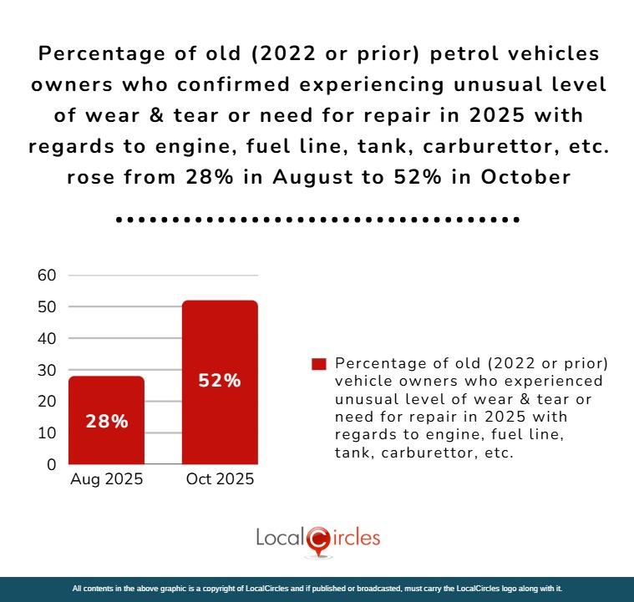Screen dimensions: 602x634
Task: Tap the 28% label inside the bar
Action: pyautogui.click(x=107, y=422)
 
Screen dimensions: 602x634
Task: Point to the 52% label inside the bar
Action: pyautogui.click(x=220, y=381)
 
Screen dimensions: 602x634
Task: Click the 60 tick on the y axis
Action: pyautogui.click(x=47, y=276)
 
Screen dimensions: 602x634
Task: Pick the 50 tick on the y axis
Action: pyautogui.click(x=47, y=307)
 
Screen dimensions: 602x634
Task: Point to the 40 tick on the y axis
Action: pyautogui.click(x=47, y=338)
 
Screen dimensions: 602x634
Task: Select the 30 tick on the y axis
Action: pyautogui.click(x=47, y=370)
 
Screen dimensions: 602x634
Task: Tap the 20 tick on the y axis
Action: pyautogui.click(x=47, y=402)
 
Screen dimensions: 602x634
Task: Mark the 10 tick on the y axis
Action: pyautogui.click(x=47, y=433)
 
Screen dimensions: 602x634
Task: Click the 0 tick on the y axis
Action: pyautogui.click(x=51, y=464)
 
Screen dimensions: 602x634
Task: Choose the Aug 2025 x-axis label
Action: pyautogui.click(x=106, y=480)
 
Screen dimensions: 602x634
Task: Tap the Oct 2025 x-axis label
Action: pyautogui.click(x=221, y=480)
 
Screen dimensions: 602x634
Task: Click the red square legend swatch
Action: pyautogui.click(x=317, y=364)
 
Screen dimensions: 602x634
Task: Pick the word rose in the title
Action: pyautogui.click(x=86, y=177)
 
